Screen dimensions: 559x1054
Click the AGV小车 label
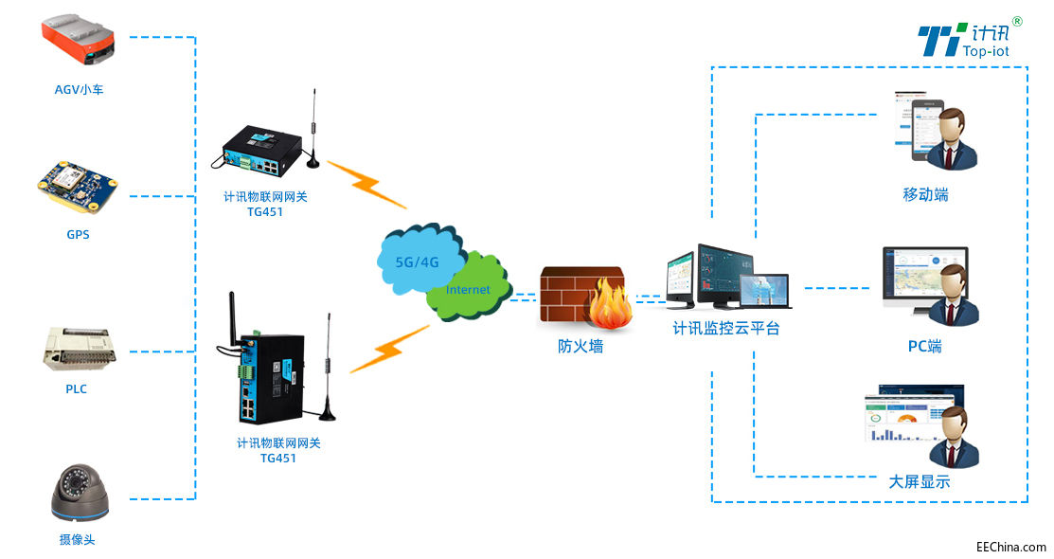(x=78, y=90)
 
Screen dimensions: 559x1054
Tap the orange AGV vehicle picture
(x=78, y=44)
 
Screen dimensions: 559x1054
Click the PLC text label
(x=77, y=388)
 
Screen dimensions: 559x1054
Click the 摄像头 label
(x=77, y=540)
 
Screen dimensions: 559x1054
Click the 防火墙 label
(x=581, y=347)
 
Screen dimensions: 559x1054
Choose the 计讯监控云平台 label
(x=726, y=329)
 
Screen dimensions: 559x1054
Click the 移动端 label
(x=925, y=195)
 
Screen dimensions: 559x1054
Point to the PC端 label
(x=925, y=347)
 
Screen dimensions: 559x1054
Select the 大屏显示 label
(x=920, y=482)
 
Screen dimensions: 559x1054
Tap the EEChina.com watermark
(x=1011, y=547)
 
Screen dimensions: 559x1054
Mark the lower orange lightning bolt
(x=389, y=350)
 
